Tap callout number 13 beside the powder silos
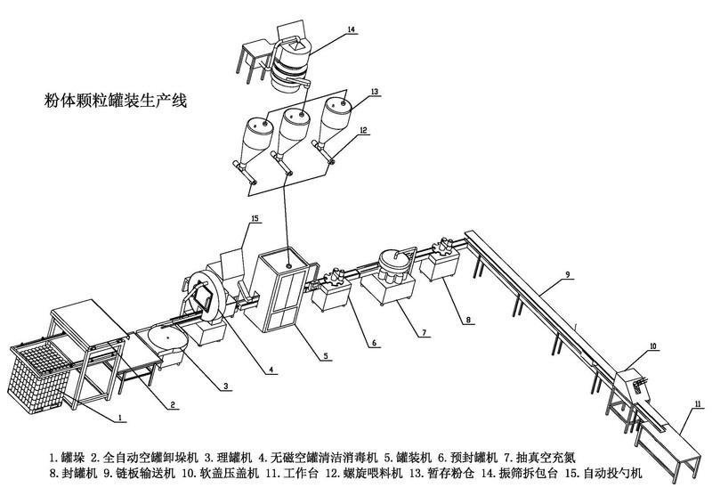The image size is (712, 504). tap(375, 92)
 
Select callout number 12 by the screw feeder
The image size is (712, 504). tap(363, 130)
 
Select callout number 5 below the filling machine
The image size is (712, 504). tap(326, 355)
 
